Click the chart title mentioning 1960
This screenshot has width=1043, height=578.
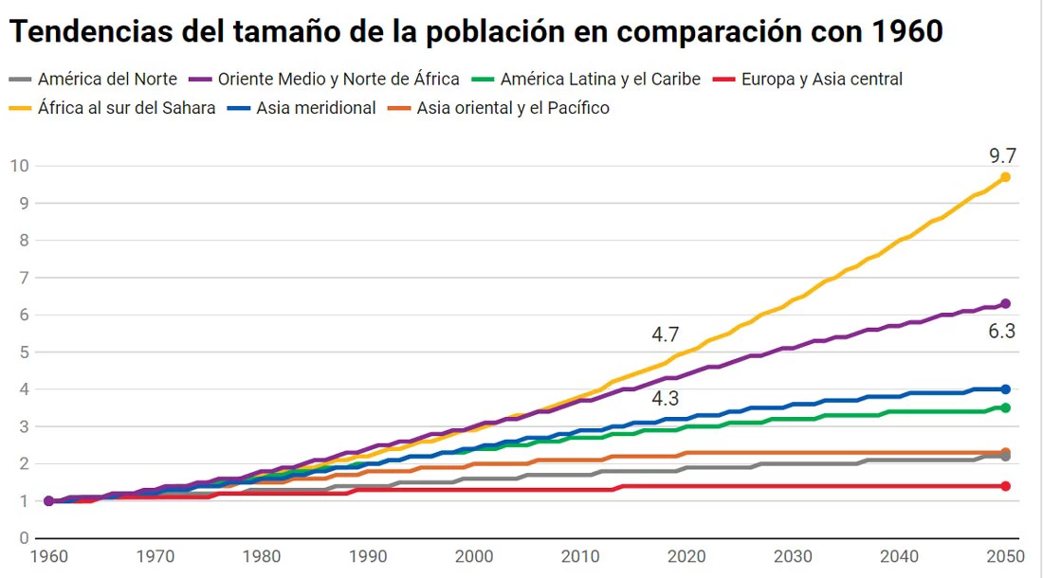476,31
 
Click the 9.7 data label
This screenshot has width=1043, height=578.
1002,155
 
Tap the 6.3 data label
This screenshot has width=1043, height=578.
1002,332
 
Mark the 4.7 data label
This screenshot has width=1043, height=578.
665,334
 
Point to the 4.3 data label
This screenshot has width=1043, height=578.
665,399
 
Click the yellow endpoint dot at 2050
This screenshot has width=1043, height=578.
1005,177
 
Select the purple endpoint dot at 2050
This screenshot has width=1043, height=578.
1005,303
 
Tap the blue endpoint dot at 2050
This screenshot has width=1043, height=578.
1005,388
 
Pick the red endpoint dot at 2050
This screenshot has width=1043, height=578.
1005,486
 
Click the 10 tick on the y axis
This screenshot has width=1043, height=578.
19,166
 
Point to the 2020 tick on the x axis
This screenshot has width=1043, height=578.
686,556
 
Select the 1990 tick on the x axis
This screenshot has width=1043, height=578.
368,556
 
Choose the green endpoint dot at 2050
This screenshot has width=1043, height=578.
1005,407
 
